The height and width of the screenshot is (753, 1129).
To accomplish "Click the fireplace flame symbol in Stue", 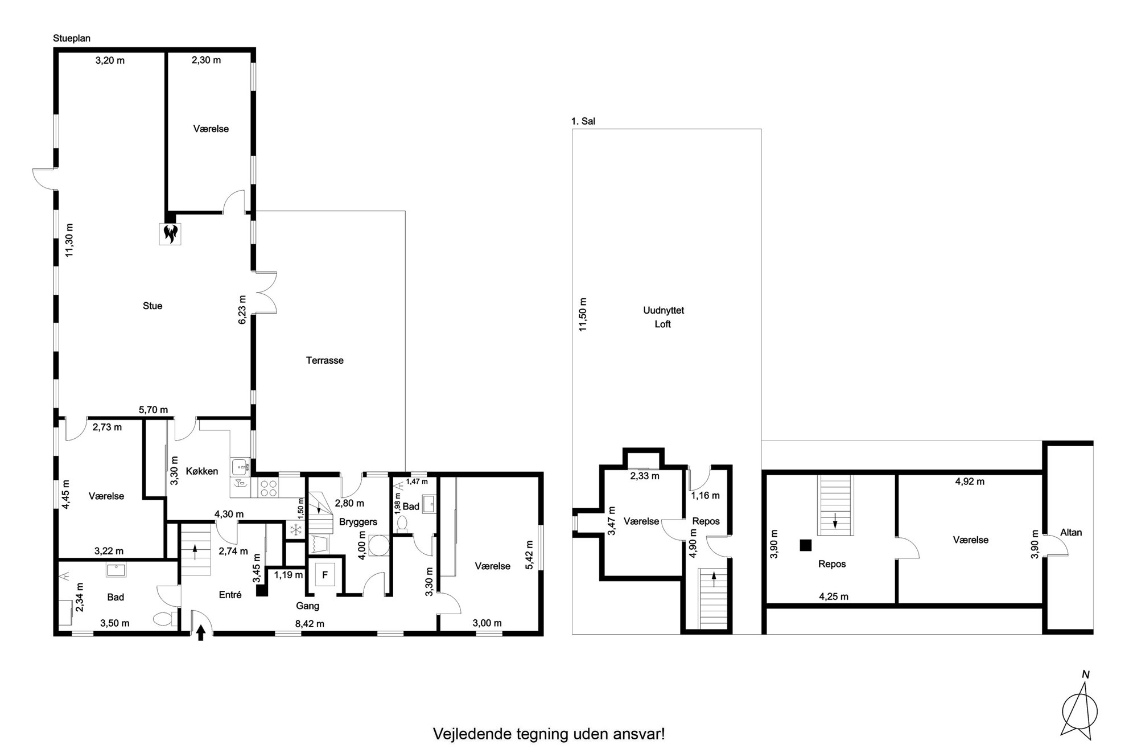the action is [x=170, y=233].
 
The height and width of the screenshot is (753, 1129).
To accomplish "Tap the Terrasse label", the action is [x=324, y=360].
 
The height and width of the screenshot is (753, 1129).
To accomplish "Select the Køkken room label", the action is [x=202, y=471].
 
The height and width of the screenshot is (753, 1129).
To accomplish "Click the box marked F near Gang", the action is [x=325, y=575].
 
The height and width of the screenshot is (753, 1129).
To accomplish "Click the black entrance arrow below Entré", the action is [x=200, y=633].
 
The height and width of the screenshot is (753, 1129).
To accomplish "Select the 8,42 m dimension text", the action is [x=310, y=624].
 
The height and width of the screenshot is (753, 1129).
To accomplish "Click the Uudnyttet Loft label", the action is [x=663, y=317].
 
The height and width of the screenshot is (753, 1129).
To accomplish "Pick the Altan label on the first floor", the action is [x=1071, y=533].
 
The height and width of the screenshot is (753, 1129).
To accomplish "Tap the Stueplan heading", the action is [x=72, y=39].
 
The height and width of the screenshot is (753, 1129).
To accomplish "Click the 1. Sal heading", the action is [x=583, y=121].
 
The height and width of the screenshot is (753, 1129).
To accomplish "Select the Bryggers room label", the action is [x=358, y=522].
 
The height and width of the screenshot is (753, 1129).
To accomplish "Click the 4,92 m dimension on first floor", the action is [x=970, y=482].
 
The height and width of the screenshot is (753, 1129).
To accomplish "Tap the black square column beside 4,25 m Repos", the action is [x=805, y=545].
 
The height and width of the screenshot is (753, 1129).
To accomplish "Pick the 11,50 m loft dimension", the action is [x=583, y=315].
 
